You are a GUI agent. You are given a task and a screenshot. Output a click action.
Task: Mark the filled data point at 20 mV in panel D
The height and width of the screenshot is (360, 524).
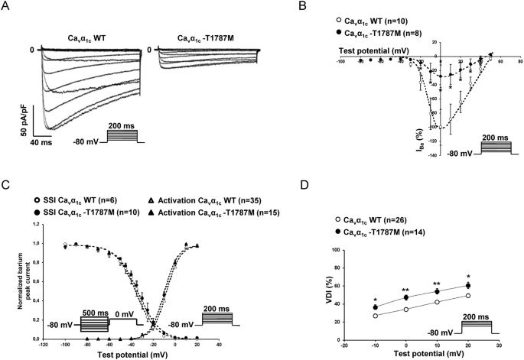coord(468,286)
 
